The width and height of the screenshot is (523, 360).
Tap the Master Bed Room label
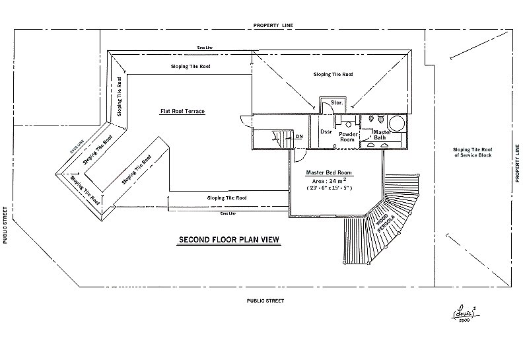(329, 172)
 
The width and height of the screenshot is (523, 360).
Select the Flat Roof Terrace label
(182, 111)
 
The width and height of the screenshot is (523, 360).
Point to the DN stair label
(299, 136)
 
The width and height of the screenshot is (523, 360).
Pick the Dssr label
(326, 131)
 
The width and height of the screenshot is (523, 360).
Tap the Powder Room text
(348, 137)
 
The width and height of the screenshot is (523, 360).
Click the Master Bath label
(383, 134)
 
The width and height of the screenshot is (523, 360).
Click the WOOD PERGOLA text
(386, 221)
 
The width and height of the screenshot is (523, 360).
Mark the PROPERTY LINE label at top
(273, 24)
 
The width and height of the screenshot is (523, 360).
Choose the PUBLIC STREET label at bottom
(265, 301)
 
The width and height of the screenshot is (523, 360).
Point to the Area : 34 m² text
(330, 180)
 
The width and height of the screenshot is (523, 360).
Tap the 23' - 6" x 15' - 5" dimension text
(330, 188)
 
